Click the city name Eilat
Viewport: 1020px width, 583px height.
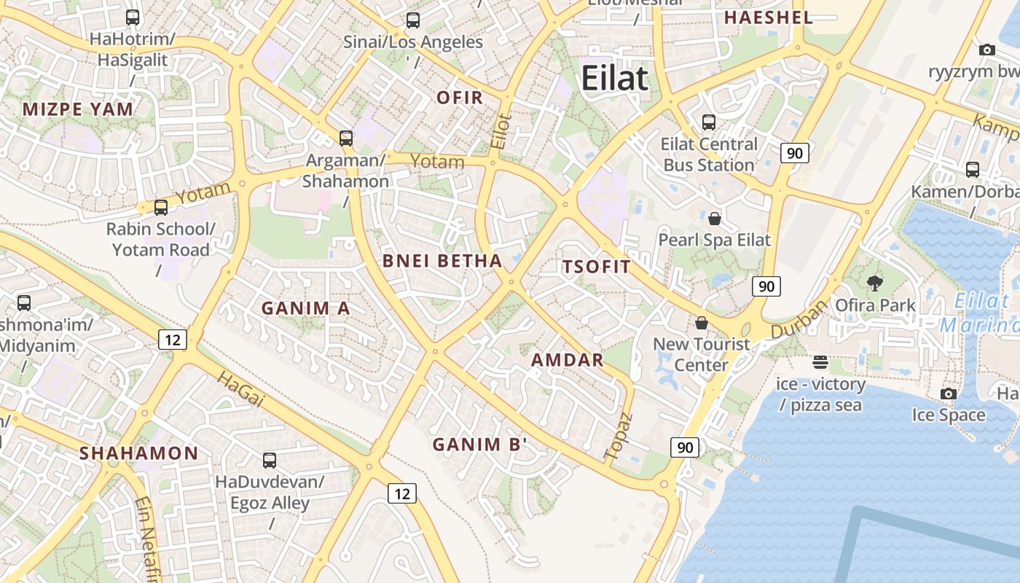click(614, 78)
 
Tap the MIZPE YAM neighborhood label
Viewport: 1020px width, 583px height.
click(78, 110)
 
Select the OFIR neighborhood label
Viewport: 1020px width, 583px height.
click(460, 98)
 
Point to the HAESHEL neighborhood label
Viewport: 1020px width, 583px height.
click(768, 18)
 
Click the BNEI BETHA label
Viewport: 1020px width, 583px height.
click(442, 261)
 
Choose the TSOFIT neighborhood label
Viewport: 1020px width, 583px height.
click(596, 267)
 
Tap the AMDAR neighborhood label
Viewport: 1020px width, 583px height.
click(568, 360)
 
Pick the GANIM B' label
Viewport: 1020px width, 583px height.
click(479, 445)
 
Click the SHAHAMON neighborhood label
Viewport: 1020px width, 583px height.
click(138, 453)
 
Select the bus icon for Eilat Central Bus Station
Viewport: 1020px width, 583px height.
click(709, 122)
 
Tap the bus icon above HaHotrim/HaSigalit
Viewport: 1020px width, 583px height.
click(133, 17)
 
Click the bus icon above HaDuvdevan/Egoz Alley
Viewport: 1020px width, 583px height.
click(270, 461)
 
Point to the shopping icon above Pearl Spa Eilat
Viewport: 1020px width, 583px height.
click(715, 218)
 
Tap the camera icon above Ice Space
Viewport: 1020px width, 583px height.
click(948, 394)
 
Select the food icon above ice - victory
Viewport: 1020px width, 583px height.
click(820, 361)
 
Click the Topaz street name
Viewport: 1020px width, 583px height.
click(619, 437)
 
